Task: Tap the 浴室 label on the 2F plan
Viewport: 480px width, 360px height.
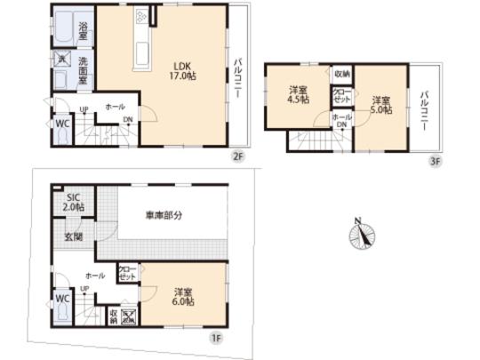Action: [82, 27]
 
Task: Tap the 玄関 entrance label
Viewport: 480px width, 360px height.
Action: [73, 237]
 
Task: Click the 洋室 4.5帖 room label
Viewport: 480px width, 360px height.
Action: [298, 95]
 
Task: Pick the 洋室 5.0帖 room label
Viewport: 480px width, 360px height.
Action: [381, 104]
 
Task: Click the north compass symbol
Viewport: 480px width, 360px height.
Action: [363, 236]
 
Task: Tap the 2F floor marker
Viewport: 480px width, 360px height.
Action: [237, 156]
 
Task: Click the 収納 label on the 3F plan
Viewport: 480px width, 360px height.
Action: [342, 73]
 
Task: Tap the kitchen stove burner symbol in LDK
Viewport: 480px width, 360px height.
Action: [142, 18]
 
